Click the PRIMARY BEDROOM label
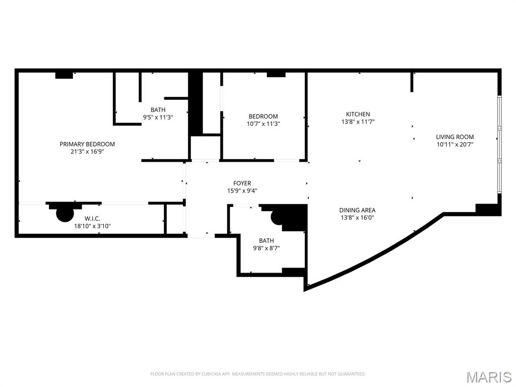click(x=87, y=144)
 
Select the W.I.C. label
click(x=92, y=219)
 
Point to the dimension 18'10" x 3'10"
click(x=92, y=226)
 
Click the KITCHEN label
click(x=358, y=114)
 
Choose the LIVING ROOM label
click(x=455, y=137)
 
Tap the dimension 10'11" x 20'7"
click(x=455, y=144)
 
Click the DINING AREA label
click(x=357, y=210)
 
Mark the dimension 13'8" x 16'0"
click(x=357, y=218)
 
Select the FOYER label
click(x=242, y=183)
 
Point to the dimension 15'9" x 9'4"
click(x=242, y=190)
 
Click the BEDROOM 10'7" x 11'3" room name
click(x=263, y=116)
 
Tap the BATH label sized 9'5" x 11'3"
click(x=158, y=110)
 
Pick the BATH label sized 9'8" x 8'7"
click(x=266, y=241)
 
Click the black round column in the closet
click(x=64, y=213)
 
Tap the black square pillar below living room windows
click(x=487, y=210)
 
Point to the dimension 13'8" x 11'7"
click(x=358, y=121)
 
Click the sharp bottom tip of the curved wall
click(x=306, y=289)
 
